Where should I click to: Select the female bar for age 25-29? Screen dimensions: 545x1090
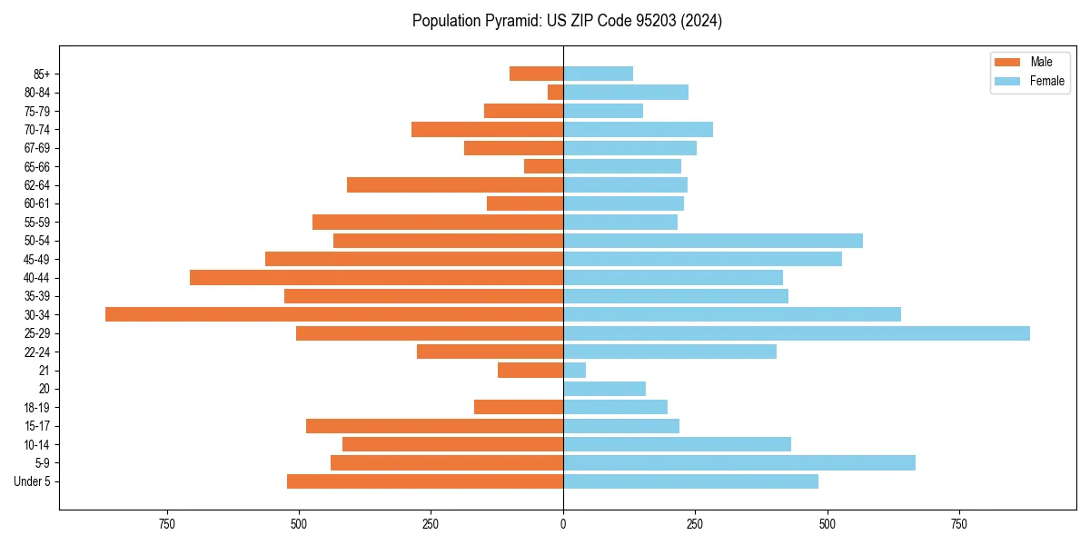(x=797, y=333)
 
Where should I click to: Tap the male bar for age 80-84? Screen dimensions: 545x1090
(x=555, y=92)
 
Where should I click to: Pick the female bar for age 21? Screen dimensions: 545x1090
(x=575, y=371)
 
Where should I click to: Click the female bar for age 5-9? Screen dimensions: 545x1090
(x=739, y=463)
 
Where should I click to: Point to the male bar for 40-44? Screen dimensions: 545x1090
(x=376, y=277)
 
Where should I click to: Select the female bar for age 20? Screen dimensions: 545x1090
(x=604, y=389)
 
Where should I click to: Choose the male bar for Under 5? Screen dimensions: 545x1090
(x=425, y=481)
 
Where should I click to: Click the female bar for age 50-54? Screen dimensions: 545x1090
(x=713, y=241)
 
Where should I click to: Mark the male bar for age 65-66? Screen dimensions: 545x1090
(x=543, y=166)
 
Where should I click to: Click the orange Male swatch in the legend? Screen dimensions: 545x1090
(x=1007, y=62)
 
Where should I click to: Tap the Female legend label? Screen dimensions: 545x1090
(x=1046, y=81)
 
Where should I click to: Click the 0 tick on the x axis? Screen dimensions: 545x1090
(x=563, y=524)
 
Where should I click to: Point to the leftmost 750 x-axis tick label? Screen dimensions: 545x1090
(x=166, y=524)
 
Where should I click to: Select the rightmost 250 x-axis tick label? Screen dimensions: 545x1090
(x=695, y=524)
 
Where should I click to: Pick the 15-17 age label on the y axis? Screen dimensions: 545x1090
(x=37, y=426)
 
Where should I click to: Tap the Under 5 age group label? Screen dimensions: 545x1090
(x=32, y=481)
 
